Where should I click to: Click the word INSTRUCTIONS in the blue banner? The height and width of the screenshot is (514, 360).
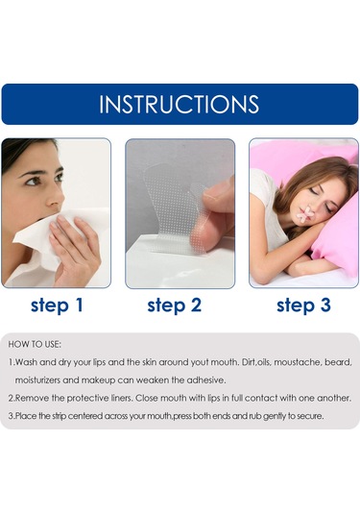coord(179,105)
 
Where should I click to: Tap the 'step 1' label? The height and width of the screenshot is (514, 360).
coord(57,306)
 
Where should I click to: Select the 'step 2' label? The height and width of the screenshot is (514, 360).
coord(174,306)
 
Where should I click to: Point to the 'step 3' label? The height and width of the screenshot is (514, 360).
coord(303,306)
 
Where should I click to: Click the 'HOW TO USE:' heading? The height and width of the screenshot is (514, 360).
coord(35,344)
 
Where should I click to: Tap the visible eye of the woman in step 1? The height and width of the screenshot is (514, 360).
coord(33,181)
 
